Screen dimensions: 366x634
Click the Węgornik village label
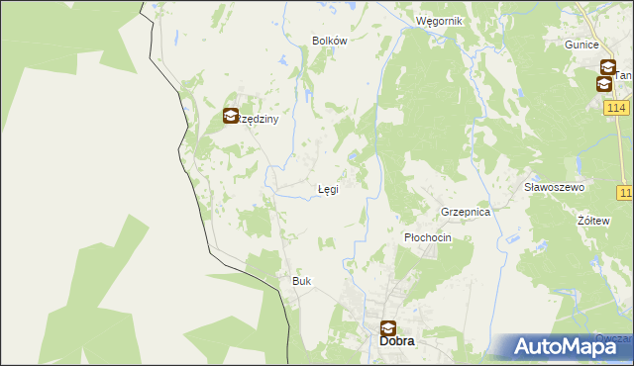click(x=439, y=21)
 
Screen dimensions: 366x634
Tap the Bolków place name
click(x=329, y=41)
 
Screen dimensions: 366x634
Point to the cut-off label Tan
click(x=624, y=75)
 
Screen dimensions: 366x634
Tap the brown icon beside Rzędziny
click(x=231, y=116)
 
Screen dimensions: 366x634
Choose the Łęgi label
click(x=328, y=189)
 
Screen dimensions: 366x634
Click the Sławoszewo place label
click(x=555, y=187)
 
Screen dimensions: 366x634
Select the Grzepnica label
click(x=466, y=212)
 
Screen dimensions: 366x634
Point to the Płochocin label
click(x=428, y=238)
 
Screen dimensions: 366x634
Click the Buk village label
click(x=301, y=281)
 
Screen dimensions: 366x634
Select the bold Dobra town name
click(x=397, y=341)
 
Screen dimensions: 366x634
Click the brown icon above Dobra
click(x=388, y=327)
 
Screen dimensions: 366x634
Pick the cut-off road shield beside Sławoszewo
click(x=625, y=192)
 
